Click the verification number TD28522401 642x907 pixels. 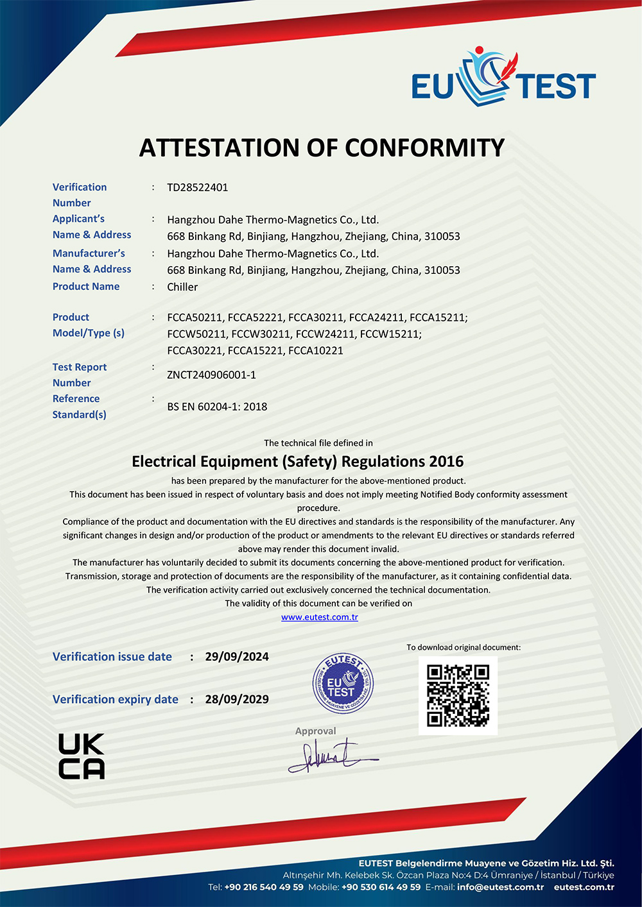198,187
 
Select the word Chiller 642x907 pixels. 182,287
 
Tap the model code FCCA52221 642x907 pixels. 255,318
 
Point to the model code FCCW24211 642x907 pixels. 325,334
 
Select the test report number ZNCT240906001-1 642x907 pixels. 211,375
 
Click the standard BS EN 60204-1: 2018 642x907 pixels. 217,407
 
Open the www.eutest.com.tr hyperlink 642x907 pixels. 320,617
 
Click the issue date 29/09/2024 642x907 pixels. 237,657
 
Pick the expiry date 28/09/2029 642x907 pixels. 237,699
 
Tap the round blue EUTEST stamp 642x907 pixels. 343,683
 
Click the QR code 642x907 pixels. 458,695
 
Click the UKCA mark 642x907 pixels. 82,756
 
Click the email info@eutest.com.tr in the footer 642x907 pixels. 500,887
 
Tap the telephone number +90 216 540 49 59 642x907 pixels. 264,887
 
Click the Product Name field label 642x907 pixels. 86,287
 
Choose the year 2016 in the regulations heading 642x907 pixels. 446,462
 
